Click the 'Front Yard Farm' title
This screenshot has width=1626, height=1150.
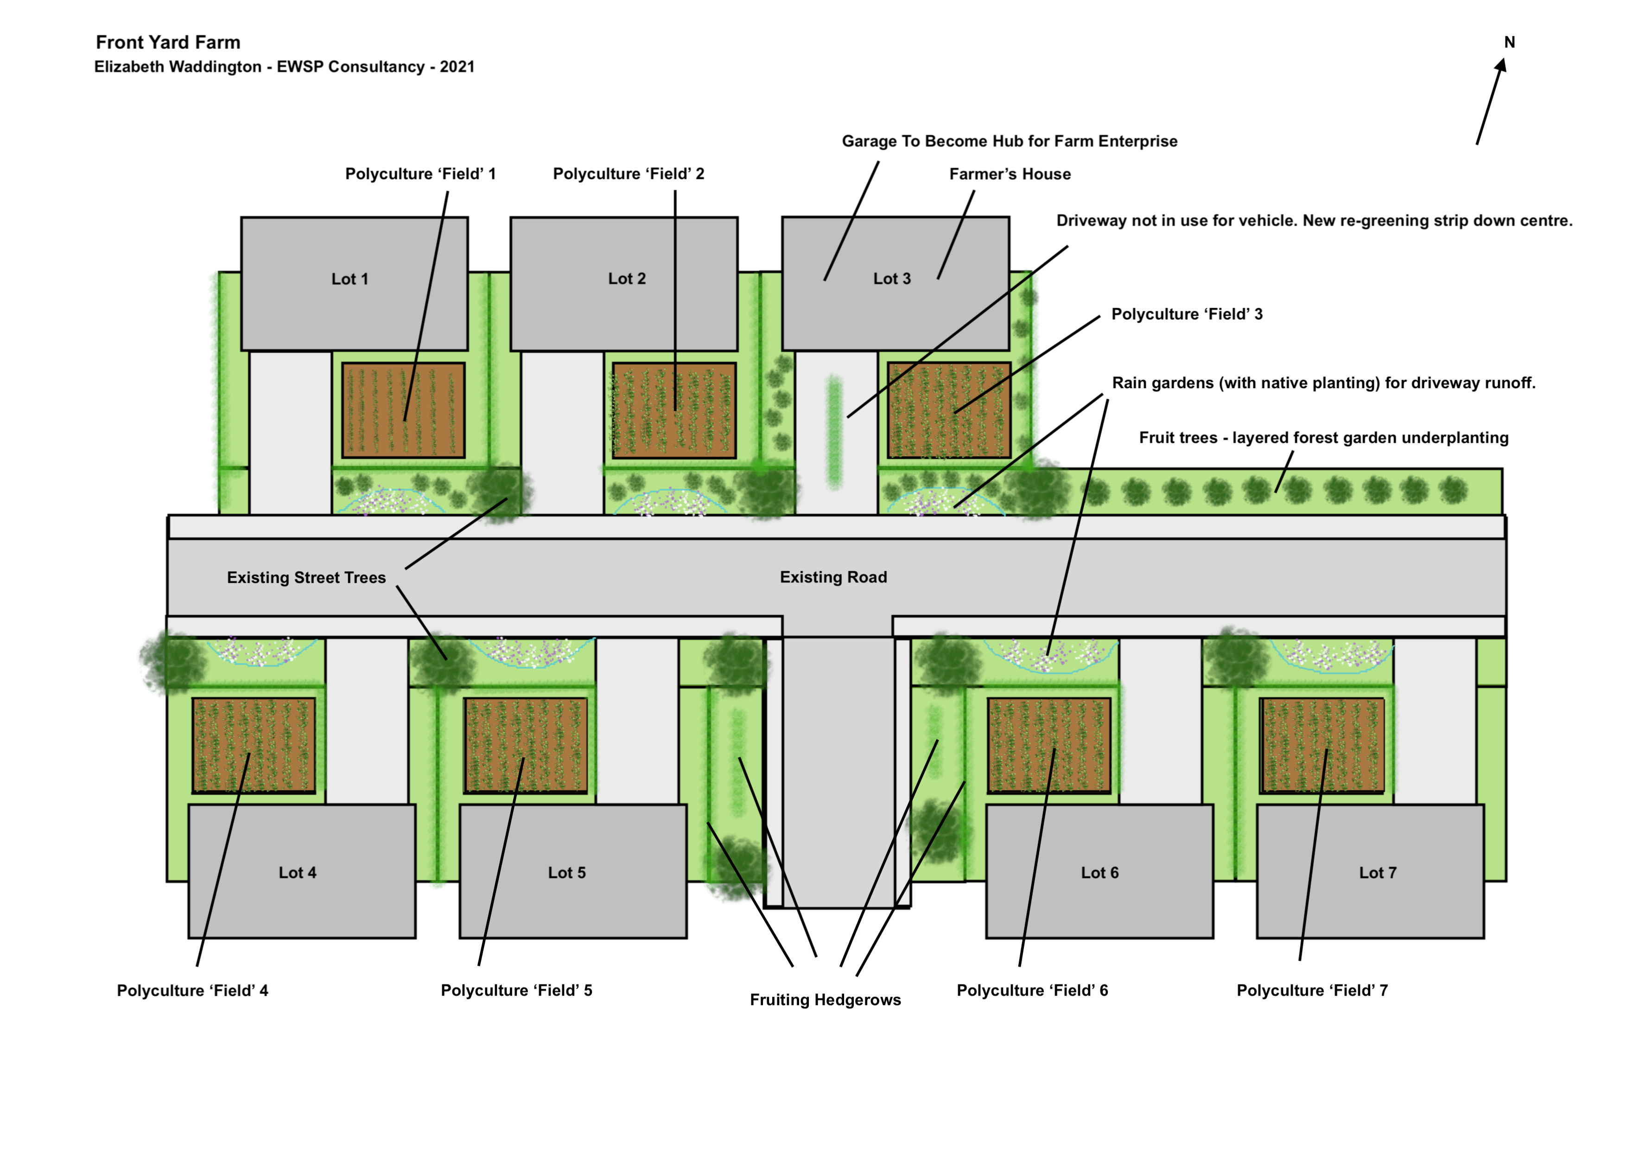[x=168, y=43]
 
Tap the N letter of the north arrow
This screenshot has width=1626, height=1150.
[x=1509, y=43]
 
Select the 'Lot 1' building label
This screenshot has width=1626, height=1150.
[x=350, y=279]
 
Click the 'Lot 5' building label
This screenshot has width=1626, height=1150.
[x=566, y=873]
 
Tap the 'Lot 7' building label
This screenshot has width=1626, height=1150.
[x=1378, y=873]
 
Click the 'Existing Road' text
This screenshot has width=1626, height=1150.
[x=833, y=577]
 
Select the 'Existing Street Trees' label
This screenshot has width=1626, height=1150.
[x=306, y=577]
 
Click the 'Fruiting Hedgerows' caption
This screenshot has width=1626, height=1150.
[x=825, y=1000]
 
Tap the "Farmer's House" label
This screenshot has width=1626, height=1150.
[x=1010, y=174]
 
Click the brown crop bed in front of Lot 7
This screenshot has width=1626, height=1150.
[x=1321, y=745]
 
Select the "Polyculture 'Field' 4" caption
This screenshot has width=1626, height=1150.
[x=193, y=990]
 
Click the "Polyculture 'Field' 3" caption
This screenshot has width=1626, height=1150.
[x=1187, y=314]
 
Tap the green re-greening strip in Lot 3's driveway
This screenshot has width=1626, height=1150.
[x=834, y=432]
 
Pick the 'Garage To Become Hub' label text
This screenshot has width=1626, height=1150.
[x=1009, y=141]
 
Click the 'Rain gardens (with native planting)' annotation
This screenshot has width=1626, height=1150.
[x=1323, y=383]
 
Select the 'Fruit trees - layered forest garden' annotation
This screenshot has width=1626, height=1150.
[x=1323, y=438]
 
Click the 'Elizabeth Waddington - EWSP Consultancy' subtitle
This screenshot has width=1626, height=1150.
[x=284, y=67]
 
